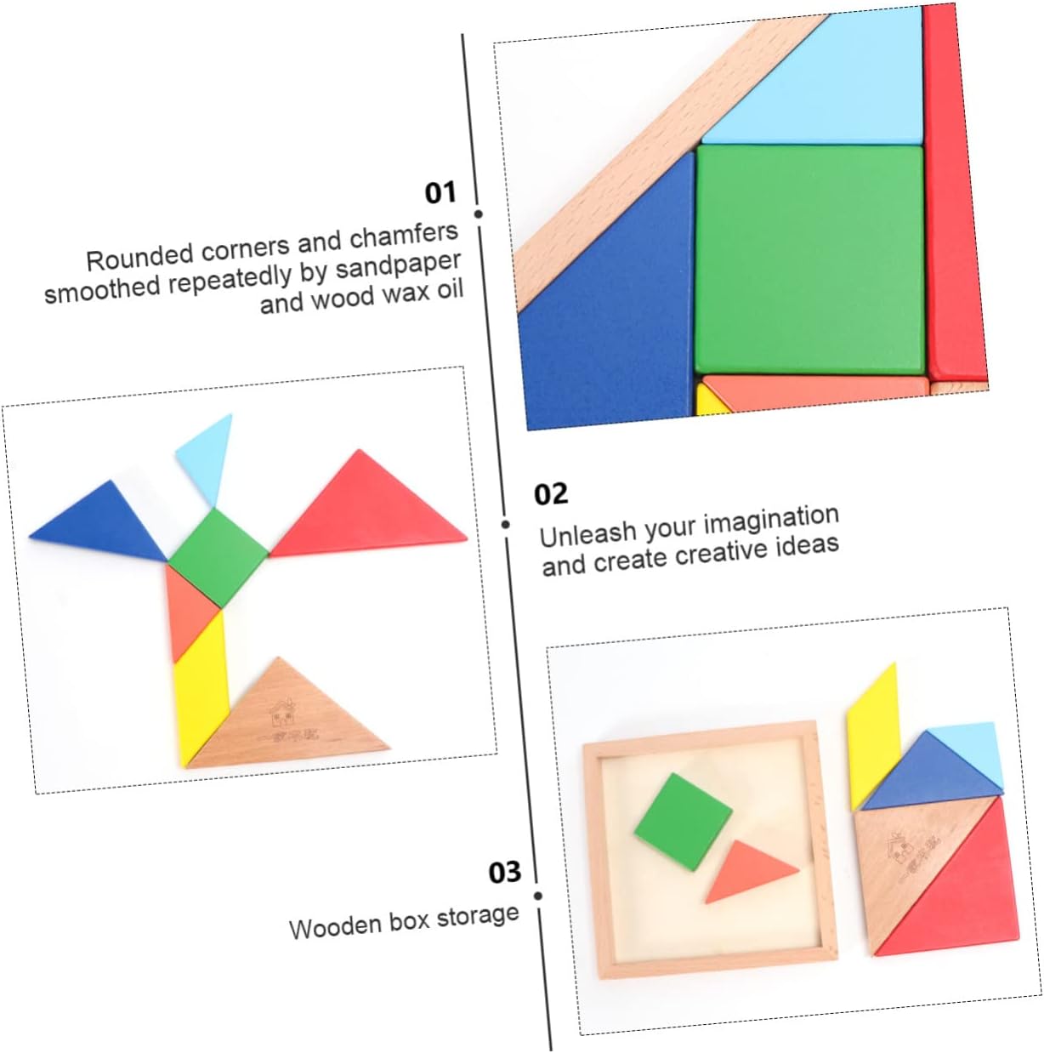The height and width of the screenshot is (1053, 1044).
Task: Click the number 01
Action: tap(440, 192)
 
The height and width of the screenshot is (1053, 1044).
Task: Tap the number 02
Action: tap(550, 494)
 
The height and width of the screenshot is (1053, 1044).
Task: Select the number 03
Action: tap(504, 872)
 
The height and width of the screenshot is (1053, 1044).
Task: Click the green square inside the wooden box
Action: tap(683, 822)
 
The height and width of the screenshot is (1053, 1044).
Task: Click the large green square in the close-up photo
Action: tap(809, 259)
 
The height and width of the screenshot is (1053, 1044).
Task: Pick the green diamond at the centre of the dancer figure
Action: tap(218, 557)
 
